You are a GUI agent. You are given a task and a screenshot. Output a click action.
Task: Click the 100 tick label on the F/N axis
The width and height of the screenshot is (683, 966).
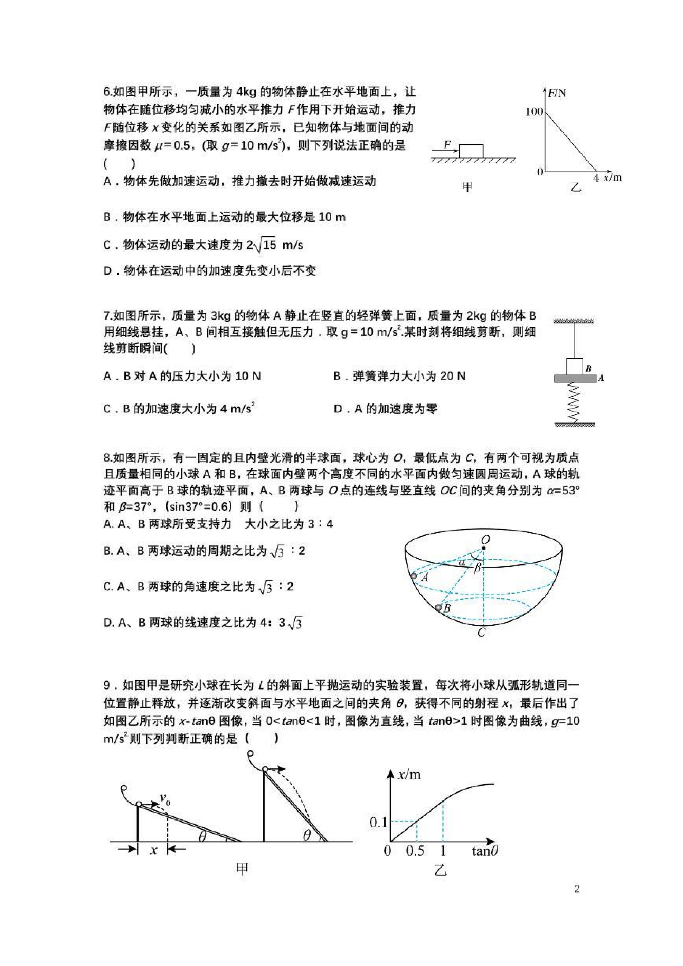534,111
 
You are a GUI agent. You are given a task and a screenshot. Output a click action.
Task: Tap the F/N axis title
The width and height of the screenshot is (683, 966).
557,93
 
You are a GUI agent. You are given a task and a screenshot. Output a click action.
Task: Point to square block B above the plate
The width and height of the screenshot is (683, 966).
575,367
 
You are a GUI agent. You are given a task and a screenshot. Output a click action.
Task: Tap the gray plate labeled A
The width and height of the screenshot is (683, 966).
575,379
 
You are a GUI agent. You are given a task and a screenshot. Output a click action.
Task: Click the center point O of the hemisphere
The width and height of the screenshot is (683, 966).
485,549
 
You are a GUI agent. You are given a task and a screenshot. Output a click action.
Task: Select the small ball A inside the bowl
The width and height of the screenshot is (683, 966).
414,576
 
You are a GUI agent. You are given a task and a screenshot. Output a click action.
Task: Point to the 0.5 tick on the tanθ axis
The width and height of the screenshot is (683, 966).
415,851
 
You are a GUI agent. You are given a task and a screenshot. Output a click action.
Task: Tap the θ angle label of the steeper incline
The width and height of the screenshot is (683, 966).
307,835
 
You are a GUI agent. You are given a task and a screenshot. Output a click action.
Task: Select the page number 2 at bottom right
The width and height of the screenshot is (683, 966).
576,889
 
